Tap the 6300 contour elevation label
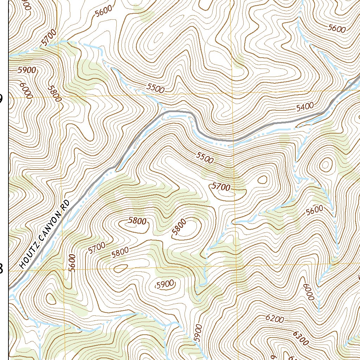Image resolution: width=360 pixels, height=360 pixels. (300, 338)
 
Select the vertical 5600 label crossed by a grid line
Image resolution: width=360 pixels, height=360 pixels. (72, 263)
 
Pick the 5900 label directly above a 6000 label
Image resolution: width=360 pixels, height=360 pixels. (27, 70)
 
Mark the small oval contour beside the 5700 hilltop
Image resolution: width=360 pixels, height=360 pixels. (262, 180)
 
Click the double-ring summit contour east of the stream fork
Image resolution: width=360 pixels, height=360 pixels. (326, 164)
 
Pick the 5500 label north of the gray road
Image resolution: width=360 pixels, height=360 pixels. (155, 89)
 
